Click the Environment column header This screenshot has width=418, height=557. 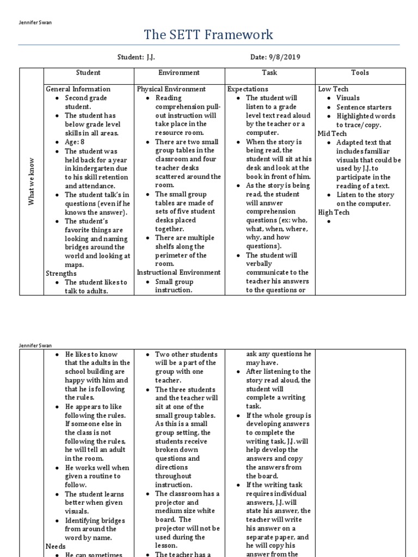(179, 72)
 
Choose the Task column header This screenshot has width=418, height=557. (269, 72)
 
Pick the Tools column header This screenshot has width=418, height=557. (360, 72)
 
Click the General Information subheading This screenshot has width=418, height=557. (78, 89)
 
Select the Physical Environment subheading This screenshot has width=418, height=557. (171, 89)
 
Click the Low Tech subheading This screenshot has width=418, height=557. (333, 89)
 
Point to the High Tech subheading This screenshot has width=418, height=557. (334, 213)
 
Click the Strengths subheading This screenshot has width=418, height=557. (62, 274)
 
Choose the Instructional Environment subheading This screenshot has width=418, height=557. (179, 272)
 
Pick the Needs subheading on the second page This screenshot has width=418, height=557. (56, 546)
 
